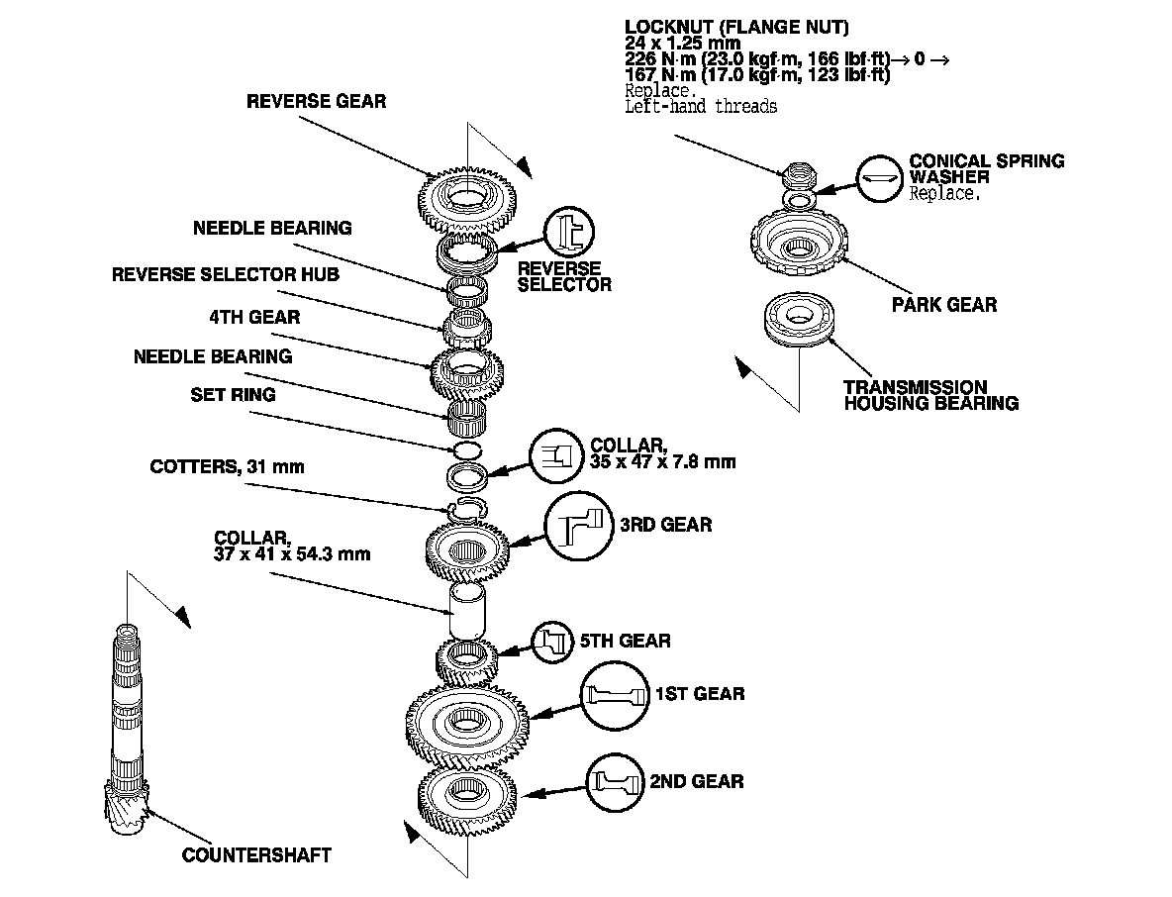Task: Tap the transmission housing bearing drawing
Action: [x=798, y=319]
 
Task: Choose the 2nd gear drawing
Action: [x=467, y=793]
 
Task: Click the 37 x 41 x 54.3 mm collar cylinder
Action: [x=465, y=609]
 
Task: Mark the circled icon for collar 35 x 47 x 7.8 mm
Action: [x=555, y=457]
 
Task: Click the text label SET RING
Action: [x=233, y=395]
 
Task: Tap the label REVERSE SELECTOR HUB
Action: [x=226, y=274]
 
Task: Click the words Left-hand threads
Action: [x=701, y=106]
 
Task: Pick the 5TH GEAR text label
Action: [x=633, y=641]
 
